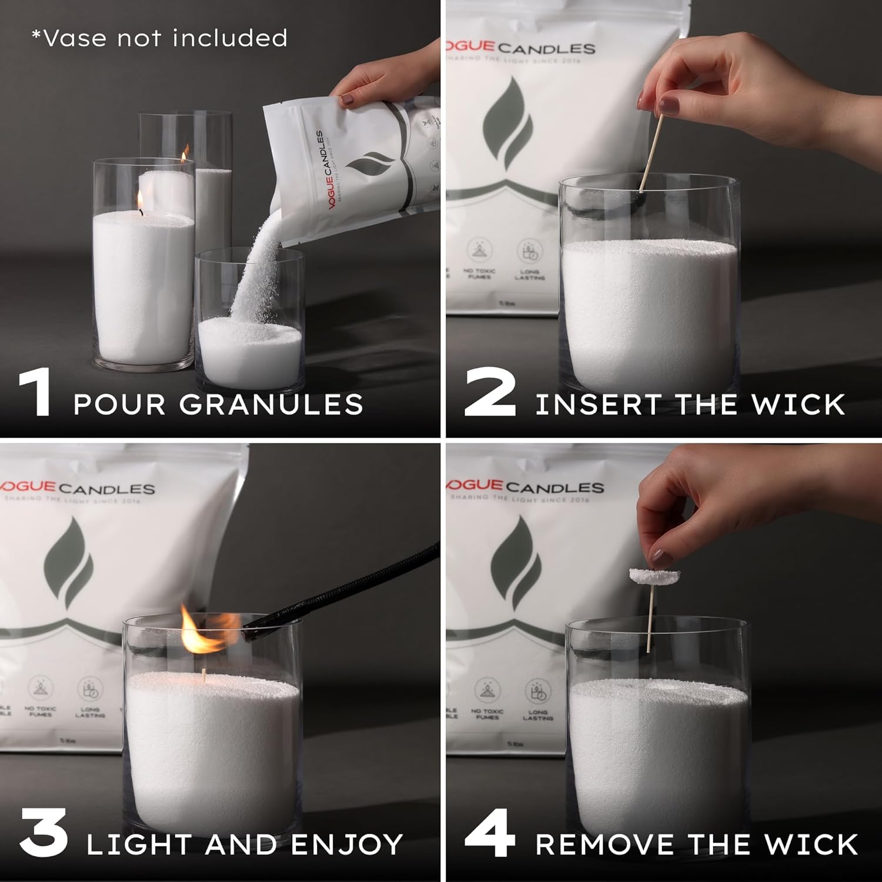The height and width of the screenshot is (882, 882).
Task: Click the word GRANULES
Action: coord(271,405)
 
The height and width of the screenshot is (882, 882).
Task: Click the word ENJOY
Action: coord(347,845)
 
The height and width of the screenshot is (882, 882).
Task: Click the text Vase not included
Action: coord(159,38)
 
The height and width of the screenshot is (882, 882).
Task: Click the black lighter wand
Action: coord(347,588)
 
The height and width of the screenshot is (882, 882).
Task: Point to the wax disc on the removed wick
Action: coord(654,576)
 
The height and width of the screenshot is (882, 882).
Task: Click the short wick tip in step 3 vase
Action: coord(204,676)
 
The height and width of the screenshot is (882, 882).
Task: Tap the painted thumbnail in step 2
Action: coord(669,106)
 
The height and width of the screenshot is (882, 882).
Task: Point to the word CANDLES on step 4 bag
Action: coord(554,487)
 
